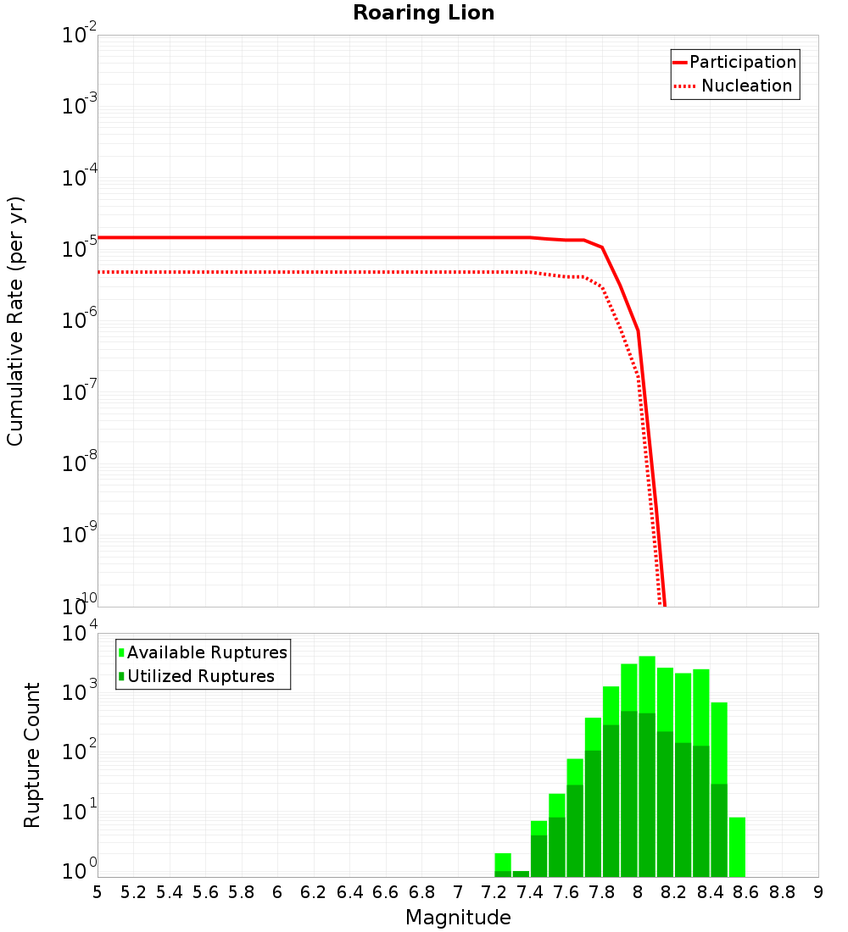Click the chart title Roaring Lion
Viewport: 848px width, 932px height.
pos(423,13)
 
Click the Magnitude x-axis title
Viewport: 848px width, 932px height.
pos(458,918)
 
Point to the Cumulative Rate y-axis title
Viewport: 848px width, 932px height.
pos(15,321)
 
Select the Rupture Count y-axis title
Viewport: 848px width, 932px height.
pos(32,755)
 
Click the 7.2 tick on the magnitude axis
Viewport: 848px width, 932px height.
pos(494,892)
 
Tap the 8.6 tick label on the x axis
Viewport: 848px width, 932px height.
pos(746,892)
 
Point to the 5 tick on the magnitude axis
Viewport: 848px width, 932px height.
pos(98,892)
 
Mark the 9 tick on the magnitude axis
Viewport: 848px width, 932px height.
pos(818,892)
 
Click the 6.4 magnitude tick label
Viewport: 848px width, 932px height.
pos(349,892)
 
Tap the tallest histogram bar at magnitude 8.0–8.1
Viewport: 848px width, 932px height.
pos(647,763)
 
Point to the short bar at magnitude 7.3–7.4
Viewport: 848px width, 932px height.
pos(521,874)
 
